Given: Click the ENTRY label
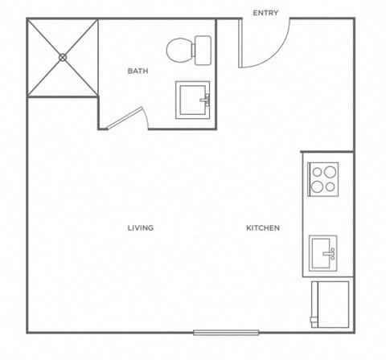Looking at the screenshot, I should tap(265, 13).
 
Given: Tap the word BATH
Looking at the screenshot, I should tap(138, 71).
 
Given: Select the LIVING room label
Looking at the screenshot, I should tap(140, 227).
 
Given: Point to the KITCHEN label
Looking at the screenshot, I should tap(263, 227).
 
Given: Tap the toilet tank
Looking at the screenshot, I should tap(202, 50).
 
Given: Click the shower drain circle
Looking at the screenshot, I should tap(63, 57).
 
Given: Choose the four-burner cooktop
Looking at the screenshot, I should tap(324, 178).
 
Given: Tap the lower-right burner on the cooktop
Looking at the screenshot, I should tap(330, 186).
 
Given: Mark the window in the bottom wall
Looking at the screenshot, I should tap(226, 332).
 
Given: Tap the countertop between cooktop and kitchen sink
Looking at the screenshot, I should tap(324, 215).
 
